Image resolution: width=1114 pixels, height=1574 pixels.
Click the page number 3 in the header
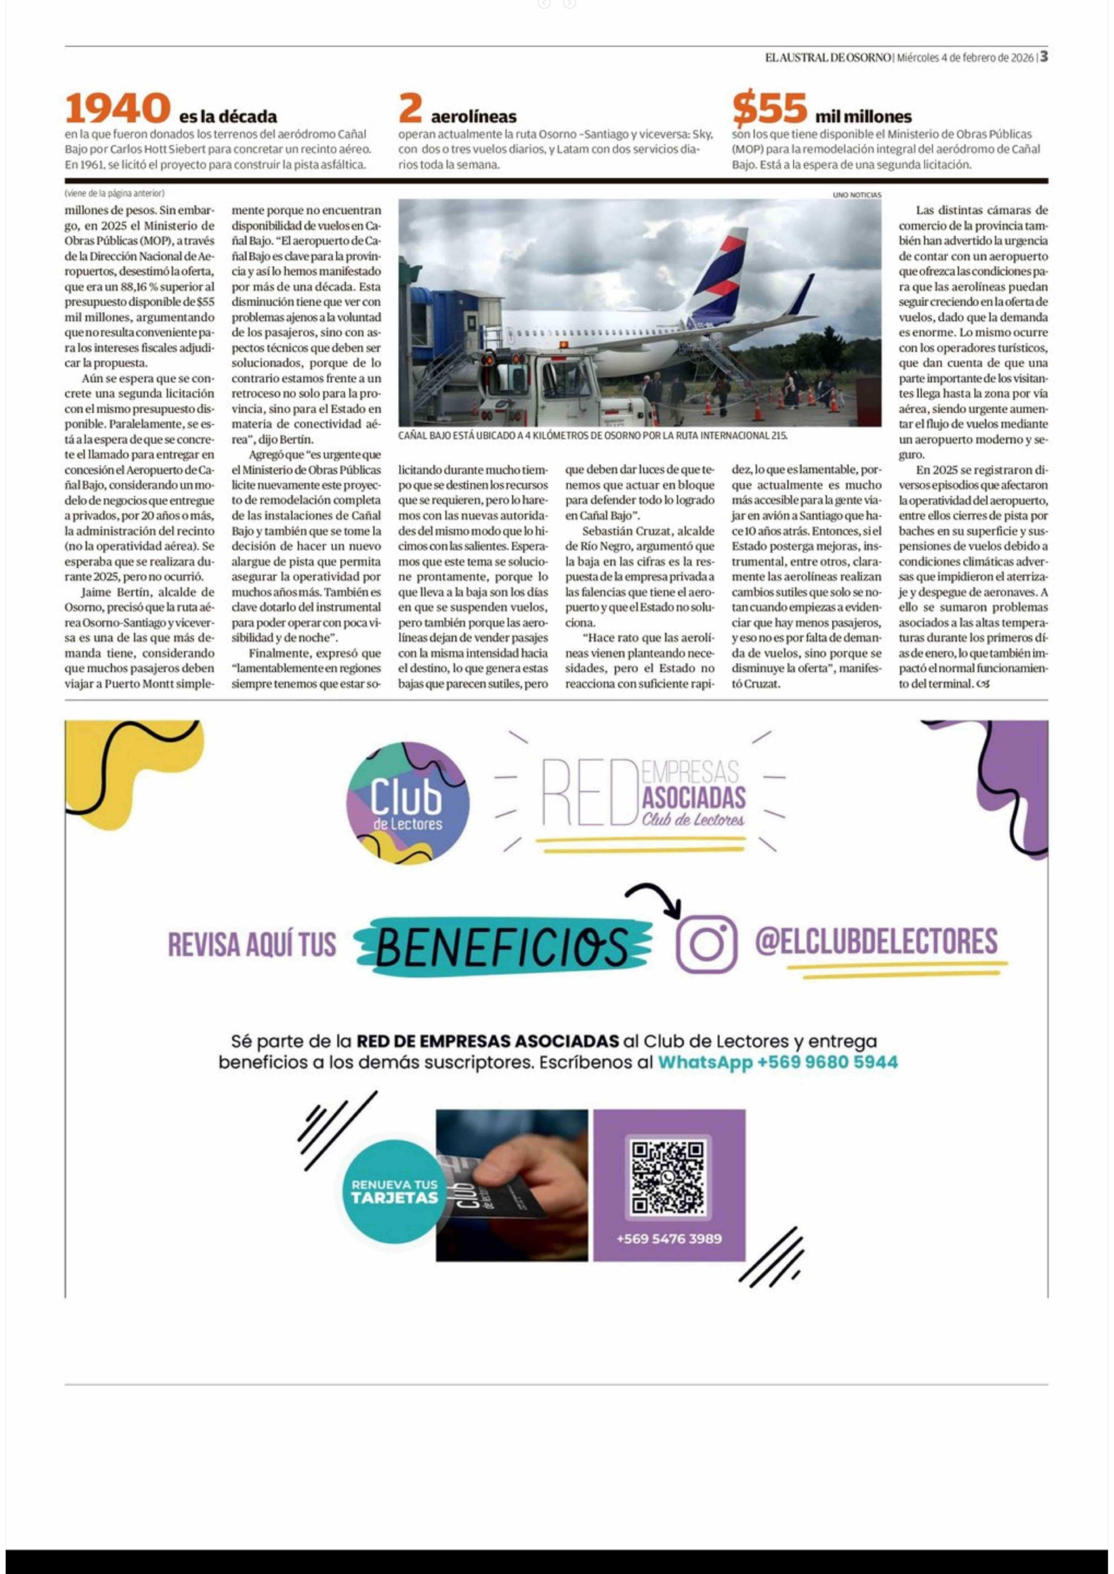pyautogui.click(x=1043, y=57)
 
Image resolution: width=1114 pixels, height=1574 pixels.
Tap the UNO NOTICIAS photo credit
pyautogui.click(x=857, y=195)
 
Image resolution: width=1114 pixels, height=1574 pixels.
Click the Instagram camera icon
pyautogui.click(x=707, y=944)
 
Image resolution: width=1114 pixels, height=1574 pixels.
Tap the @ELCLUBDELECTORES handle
pyautogui.click(x=876, y=941)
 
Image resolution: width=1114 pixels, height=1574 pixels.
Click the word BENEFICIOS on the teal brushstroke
pyautogui.click(x=503, y=946)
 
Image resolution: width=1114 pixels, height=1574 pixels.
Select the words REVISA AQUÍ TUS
pyautogui.click(x=253, y=945)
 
